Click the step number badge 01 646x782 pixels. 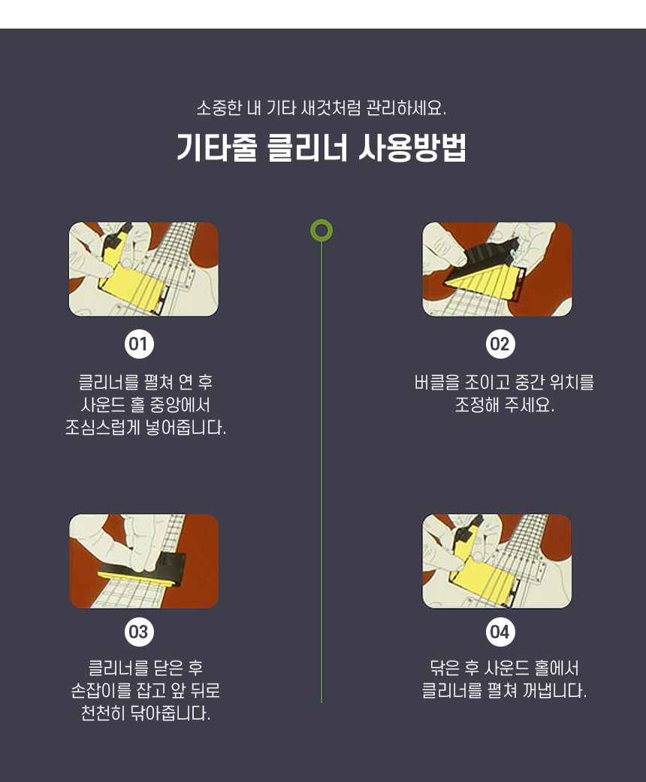pos(139,345)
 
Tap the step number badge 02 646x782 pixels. pos(500,345)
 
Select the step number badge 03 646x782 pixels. pos(139,632)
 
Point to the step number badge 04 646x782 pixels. pos(500,632)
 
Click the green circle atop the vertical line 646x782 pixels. pos(321,231)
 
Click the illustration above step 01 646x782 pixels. pos(143,268)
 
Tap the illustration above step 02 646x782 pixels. pos(497,268)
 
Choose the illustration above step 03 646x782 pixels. pos(143,561)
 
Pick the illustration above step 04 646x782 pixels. pos(497,561)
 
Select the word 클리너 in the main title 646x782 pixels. pos(306,148)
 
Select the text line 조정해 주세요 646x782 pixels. pos(504,406)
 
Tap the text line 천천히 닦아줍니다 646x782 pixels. pos(145,714)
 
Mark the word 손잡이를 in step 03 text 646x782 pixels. pos(101,691)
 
